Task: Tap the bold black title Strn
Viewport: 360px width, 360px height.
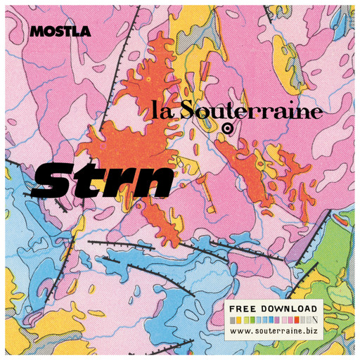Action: click(102, 180)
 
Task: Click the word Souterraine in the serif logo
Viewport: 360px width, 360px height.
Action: click(250, 111)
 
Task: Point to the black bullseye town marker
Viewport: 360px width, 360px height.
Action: click(227, 128)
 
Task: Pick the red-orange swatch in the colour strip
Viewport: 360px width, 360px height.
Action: click(297, 320)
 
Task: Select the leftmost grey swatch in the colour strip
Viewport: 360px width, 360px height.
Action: click(232, 320)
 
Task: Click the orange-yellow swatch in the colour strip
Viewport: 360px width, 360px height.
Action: click(239, 320)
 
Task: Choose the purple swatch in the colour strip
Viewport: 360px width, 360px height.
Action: click(277, 320)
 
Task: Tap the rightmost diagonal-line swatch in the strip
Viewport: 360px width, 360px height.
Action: click(315, 320)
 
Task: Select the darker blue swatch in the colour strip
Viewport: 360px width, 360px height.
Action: click(271, 320)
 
